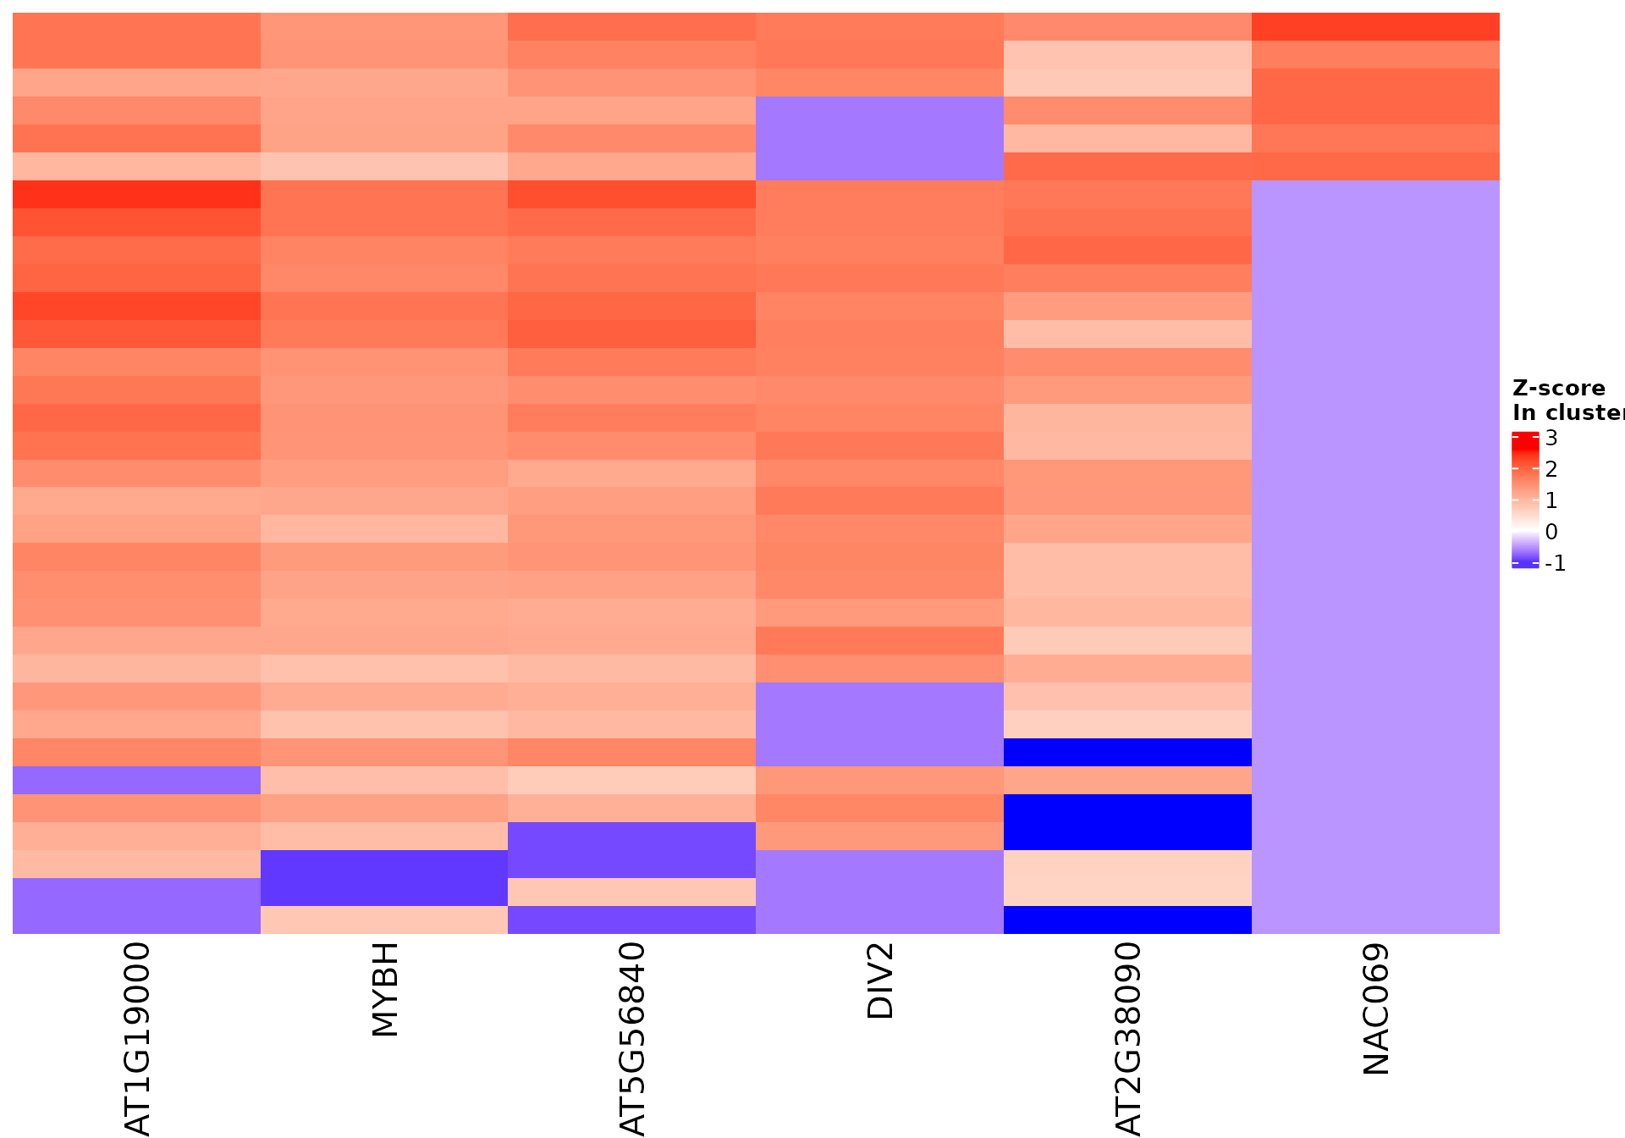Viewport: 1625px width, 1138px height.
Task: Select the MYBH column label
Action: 385,989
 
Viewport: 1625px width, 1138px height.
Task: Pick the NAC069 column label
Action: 1376,1009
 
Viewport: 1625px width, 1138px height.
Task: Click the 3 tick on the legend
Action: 1551,438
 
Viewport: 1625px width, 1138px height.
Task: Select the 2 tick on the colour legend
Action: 1551,469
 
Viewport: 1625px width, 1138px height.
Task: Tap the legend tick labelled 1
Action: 1551,500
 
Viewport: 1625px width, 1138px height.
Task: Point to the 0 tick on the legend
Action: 1551,532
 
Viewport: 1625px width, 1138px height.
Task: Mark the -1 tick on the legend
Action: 1555,563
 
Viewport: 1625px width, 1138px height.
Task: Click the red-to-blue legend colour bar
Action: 1525,500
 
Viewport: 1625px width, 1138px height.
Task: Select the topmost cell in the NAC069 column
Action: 1375,27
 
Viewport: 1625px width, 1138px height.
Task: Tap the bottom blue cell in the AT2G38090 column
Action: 1127,920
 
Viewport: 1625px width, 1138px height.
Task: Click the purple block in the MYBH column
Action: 384,878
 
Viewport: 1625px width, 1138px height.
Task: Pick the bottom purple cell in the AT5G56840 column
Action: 631,920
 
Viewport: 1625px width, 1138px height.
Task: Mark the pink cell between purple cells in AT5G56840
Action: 631,892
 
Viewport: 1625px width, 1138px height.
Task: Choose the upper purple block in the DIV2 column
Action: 879,138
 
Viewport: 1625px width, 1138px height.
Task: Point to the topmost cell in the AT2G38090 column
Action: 1127,27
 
